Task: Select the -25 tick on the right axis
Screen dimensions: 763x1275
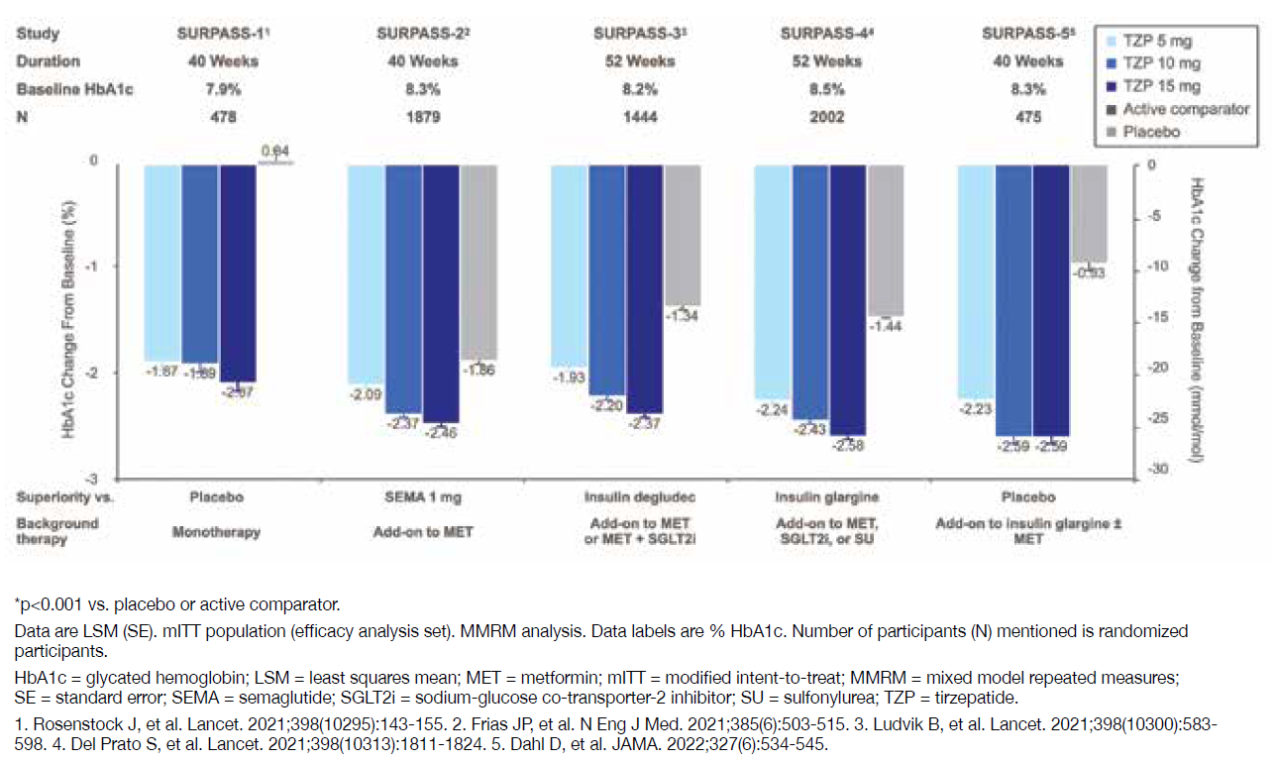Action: [x=1155, y=420]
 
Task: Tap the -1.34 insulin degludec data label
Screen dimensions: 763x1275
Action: [x=683, y=316]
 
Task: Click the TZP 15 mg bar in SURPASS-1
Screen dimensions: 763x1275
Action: [x=238, y=273]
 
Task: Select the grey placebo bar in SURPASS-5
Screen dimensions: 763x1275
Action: [x=1090, y=213]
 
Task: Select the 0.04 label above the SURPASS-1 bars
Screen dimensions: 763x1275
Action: [x=274, y=151]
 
